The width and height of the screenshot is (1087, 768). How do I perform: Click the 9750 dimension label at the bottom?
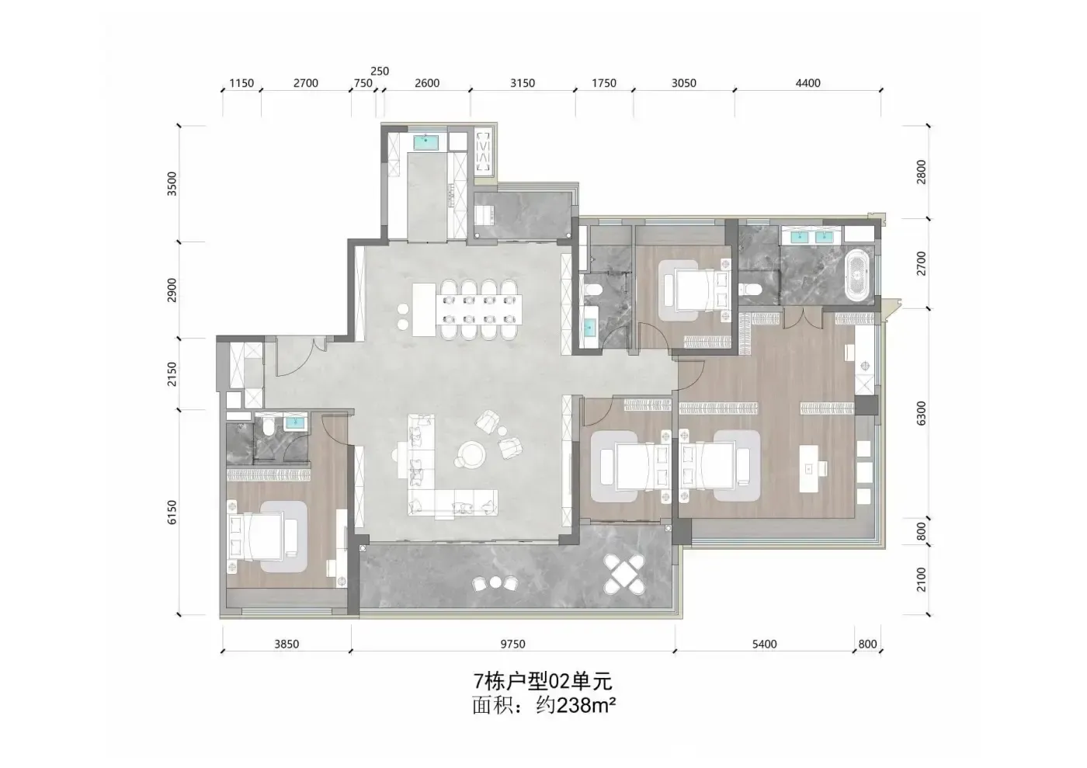pyautogui.click(x=513, y=644)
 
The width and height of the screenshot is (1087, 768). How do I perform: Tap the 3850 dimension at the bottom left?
pyautogui.click(x=287, y=644)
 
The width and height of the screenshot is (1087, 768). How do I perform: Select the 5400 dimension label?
pyautogui.click(x=764, y=644)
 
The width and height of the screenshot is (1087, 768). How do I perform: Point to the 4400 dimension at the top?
pyautogui.click(x=807, y=83)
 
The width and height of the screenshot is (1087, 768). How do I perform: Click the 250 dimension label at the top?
pyautogui.click(x=380, y=71)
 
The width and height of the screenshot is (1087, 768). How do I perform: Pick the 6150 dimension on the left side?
pyautogui.click(x=172, y=513)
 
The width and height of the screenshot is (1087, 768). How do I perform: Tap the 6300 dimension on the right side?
pyautogui.click(x=921, y=413)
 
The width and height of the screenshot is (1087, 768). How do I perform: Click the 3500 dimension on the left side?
pyautogui.click(x=172, y=183)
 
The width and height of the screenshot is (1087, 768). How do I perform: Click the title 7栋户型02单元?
pyautogui.click(x=543, y=682)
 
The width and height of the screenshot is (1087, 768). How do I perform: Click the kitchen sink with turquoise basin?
pyautogui.click(x=426, y=141)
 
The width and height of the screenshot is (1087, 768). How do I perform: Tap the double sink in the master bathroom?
pyautogui.click(x=811, y=236)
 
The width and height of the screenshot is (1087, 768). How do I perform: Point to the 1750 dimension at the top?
pyautogui.click(x=604, y=83)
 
